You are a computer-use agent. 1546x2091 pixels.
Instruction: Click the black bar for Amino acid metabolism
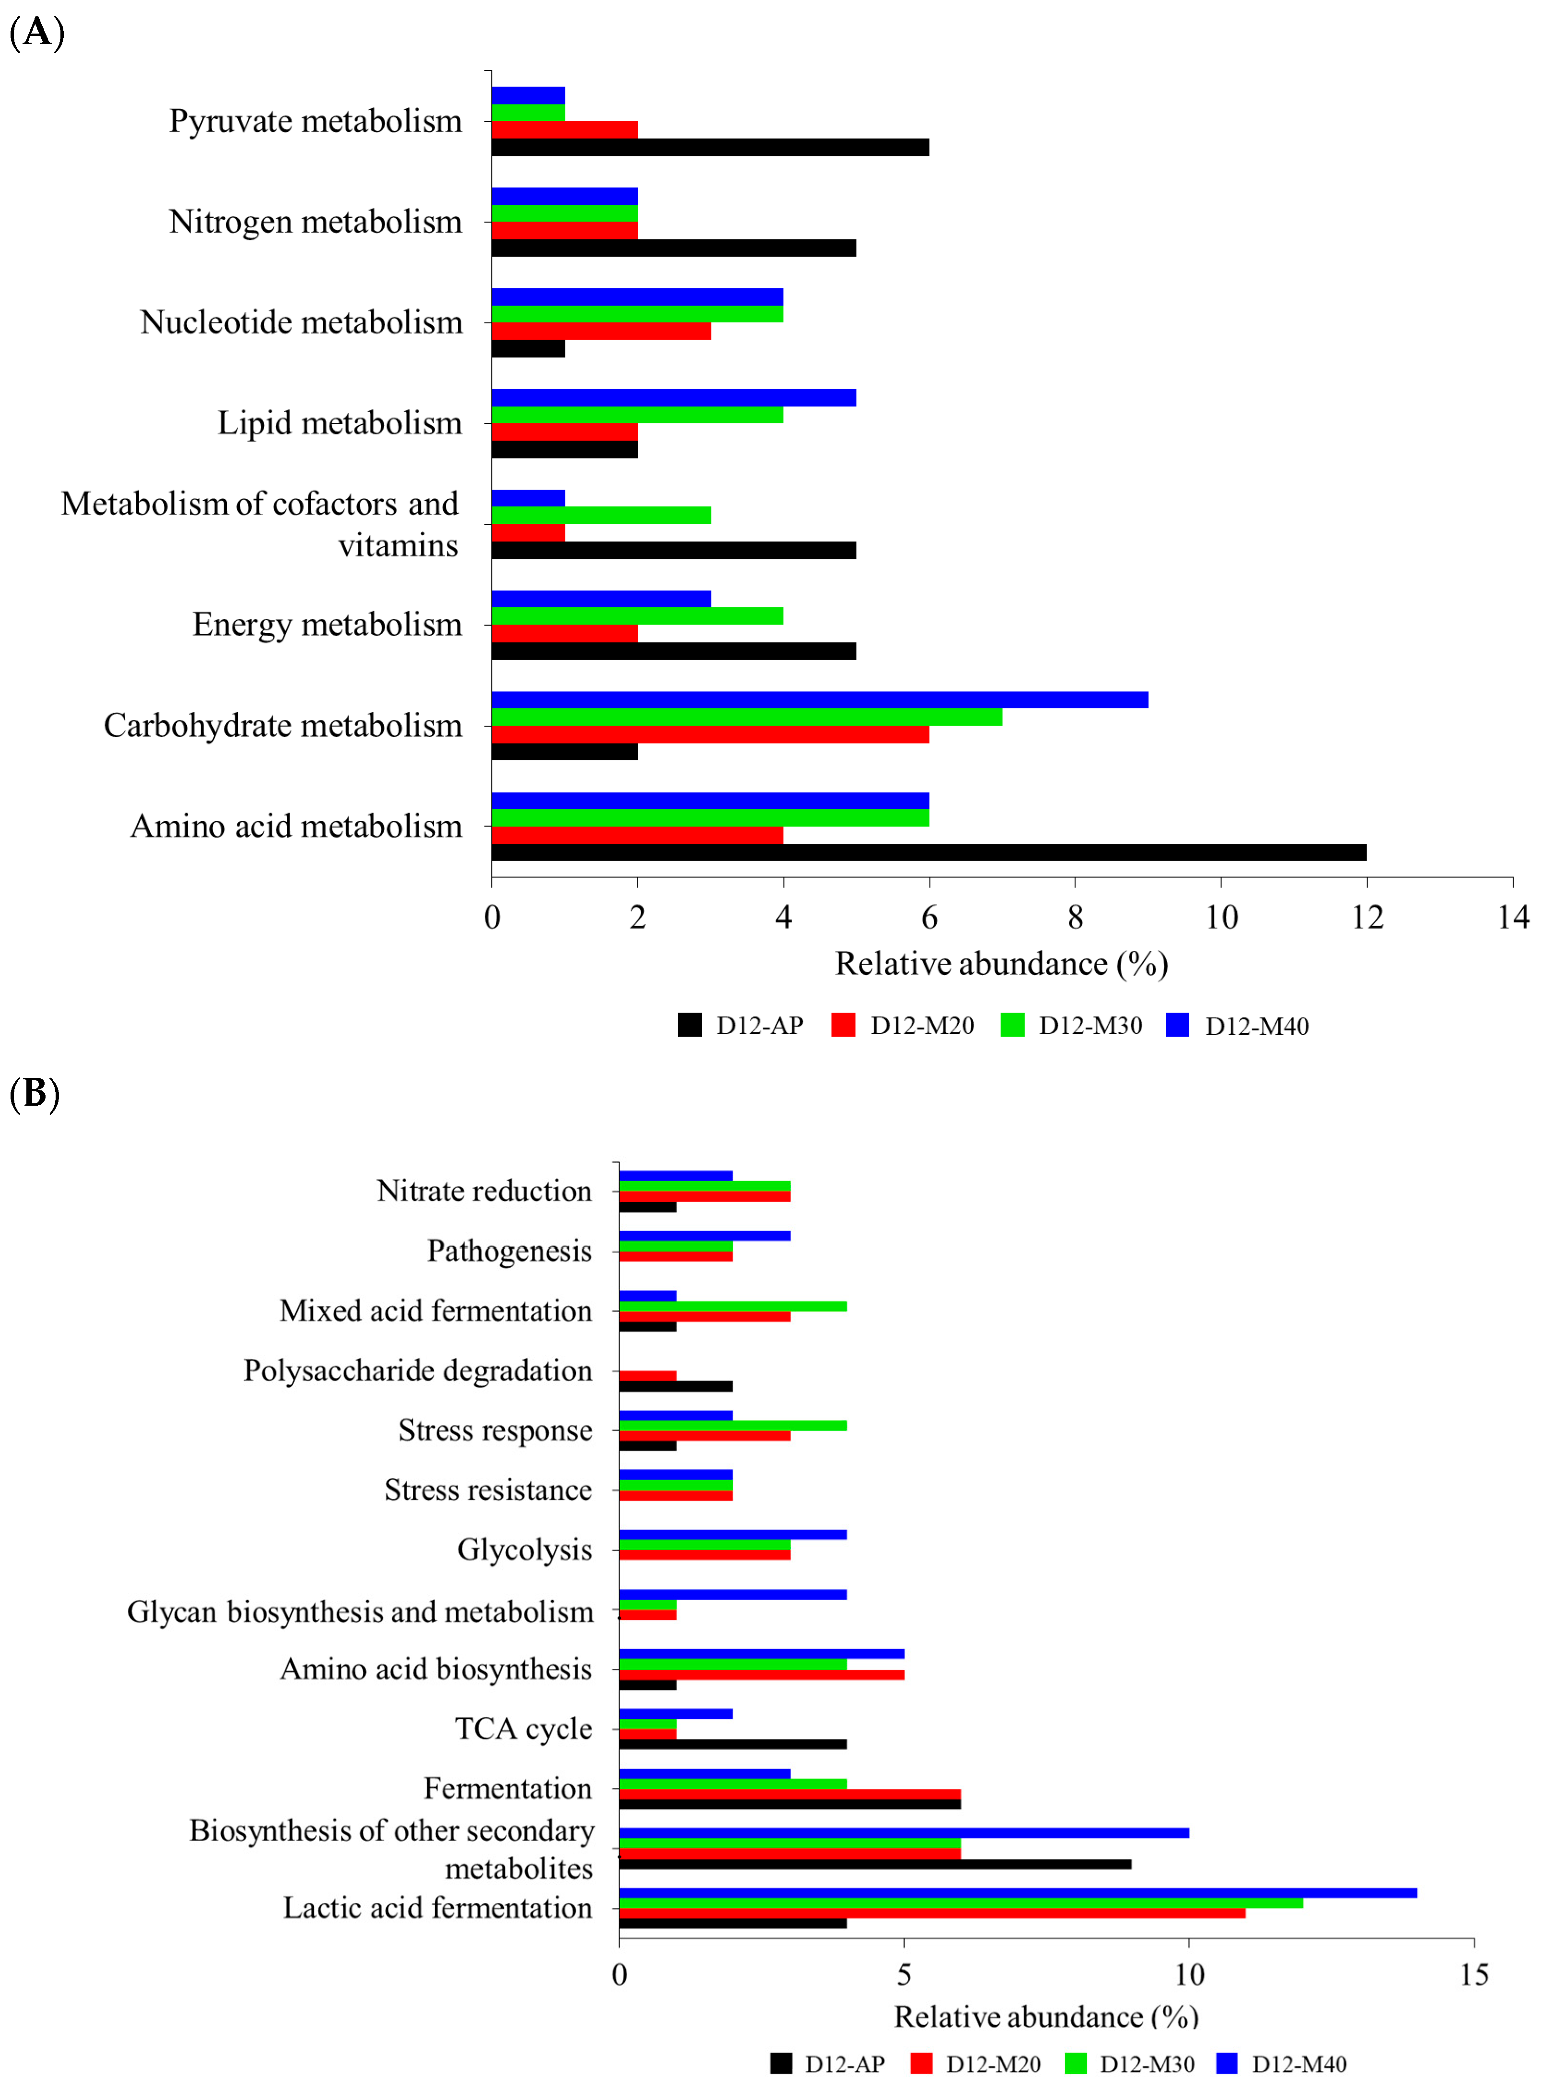tap(928, 853)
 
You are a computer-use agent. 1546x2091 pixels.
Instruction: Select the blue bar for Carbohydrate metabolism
tap(819, 699)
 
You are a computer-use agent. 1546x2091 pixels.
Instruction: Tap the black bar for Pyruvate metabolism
tap(709, 147)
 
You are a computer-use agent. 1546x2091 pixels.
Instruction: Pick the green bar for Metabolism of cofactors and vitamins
tap(601, 515)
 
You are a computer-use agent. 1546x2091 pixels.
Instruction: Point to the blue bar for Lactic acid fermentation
tap(1017, 1892)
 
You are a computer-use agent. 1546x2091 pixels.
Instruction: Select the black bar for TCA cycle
tap(733, 1744)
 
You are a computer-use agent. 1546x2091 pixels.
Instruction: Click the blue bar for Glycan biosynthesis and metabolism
tap(733, 1595)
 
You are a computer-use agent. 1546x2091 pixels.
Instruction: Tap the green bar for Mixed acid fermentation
tap(733, 1306)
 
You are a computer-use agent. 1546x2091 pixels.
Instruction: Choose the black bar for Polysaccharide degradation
tap(676, 1386)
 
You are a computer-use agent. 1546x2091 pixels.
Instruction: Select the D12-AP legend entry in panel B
tap(827, 2064)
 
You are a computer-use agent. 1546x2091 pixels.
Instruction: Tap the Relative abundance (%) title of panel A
tap(1001, 964)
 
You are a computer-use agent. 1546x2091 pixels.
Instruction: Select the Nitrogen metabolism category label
tap(316, 222)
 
